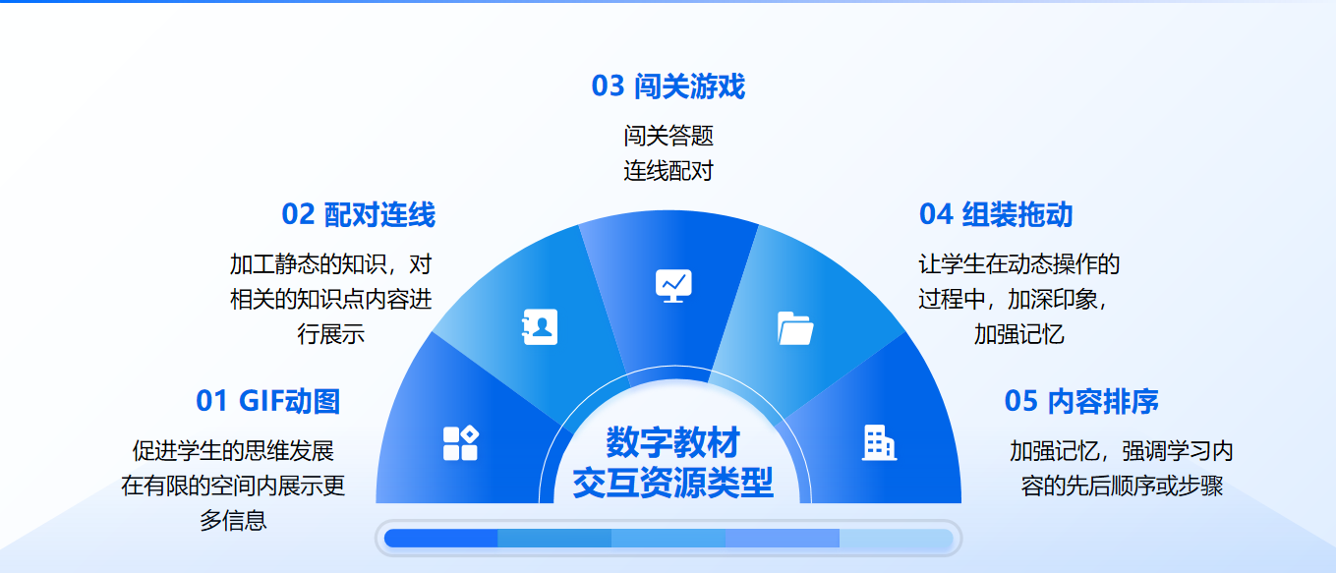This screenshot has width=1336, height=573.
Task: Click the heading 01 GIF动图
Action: (x=267, y=401)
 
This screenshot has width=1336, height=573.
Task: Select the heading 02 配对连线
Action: (x=358, y=214)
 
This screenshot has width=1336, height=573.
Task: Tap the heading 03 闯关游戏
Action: (x=668, y=86)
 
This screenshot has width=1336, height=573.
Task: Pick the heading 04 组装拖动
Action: (x=995, y=214)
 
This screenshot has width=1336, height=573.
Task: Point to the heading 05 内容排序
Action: (x=1081, y=401)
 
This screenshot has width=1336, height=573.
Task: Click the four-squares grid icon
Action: (x=460, y=443)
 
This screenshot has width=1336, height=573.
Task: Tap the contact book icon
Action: (x=540, y=327)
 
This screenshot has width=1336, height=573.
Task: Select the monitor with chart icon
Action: (x=673, y=285)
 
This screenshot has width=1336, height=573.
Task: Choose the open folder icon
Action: (x=795, y=327)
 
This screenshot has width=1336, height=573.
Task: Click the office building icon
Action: (x=878, y=443)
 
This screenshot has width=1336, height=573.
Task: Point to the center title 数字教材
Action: (x=673, y=443)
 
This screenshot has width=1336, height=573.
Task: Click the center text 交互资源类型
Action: (x=673, y=483)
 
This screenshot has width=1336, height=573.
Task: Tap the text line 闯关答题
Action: (x=668, y=136)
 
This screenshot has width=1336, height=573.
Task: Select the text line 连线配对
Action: (x=668, y=171)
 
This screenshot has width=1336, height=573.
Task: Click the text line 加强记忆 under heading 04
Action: (x=1018, y=333)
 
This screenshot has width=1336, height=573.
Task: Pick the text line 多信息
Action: (x=233, y=520)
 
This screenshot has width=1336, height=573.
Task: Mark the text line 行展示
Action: (x=331, y=333)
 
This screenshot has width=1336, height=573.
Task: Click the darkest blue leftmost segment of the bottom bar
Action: (x=440, y=538)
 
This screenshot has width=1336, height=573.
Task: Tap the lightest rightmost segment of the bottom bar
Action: (x=896, y=538)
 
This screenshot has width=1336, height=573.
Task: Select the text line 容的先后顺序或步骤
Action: (x=1122, y=486)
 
